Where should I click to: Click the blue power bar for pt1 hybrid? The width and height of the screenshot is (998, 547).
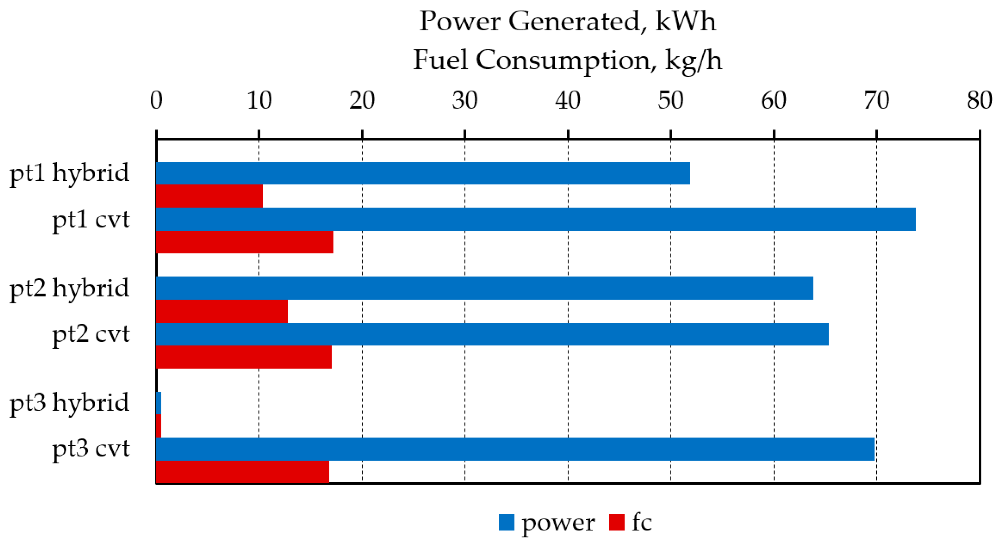[x=422, y=173]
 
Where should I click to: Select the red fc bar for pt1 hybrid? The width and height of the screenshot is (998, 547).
[x=209, y=196]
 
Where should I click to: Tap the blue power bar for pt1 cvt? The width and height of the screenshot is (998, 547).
[x=535, y=219]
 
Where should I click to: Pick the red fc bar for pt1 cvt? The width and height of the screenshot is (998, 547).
[x=244, y=242]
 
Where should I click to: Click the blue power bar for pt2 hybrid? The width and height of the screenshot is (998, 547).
[x=484, y=288]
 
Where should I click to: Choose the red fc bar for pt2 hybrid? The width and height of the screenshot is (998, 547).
[x=222, y=311]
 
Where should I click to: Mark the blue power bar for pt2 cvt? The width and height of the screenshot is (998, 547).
[x=492, y=334]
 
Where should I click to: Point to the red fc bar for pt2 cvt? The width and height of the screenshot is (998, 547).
[x=243, y=357]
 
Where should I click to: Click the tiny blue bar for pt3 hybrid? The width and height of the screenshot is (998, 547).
[x=158, y=403]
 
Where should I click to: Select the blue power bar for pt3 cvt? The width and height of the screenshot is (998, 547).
[x=515, y=449]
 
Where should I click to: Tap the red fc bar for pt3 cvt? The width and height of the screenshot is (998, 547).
[x=242, y=472]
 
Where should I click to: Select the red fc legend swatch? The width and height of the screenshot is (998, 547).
[x=617, y=522]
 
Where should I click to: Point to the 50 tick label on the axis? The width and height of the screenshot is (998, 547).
[x=671, y=101]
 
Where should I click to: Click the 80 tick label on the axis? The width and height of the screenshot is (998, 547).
[x=979, y=101]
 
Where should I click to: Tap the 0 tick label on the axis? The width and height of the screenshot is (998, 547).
[x=156, y=101]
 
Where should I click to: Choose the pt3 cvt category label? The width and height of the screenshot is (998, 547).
[x=91, y=449]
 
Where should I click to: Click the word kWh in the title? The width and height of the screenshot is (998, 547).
[x=685, y=21]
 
